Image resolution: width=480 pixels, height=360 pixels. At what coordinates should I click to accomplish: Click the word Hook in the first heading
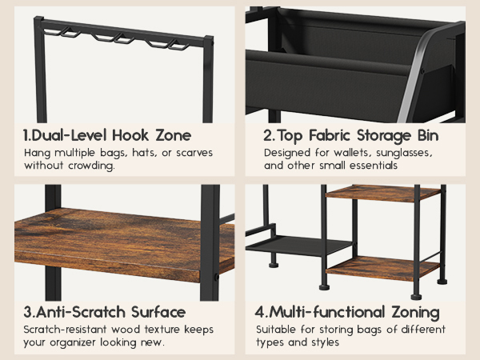[130, 135]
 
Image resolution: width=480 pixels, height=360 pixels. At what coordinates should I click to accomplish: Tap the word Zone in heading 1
[174, 135]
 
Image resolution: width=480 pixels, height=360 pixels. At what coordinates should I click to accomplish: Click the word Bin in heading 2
[428, 135]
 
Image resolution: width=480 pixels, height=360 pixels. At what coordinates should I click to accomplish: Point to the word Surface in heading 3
[158, 312]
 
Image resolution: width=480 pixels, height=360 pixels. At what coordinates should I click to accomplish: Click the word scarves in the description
[194, 153]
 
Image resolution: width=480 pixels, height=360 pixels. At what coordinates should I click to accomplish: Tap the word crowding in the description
[91, 166]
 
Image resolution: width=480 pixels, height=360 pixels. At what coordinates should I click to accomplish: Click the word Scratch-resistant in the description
[65, 330]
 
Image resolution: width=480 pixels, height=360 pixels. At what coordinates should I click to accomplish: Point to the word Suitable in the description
[276, 330]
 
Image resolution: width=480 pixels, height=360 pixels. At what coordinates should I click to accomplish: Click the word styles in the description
[325, 342]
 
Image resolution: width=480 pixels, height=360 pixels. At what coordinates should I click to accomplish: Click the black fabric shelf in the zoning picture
[298, 245]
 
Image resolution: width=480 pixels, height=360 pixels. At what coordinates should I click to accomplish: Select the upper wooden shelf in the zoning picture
[382, 194]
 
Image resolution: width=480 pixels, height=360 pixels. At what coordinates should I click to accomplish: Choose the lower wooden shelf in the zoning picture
[382, 268]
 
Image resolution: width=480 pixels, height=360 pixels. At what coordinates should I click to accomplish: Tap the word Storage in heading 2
[383, 136]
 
